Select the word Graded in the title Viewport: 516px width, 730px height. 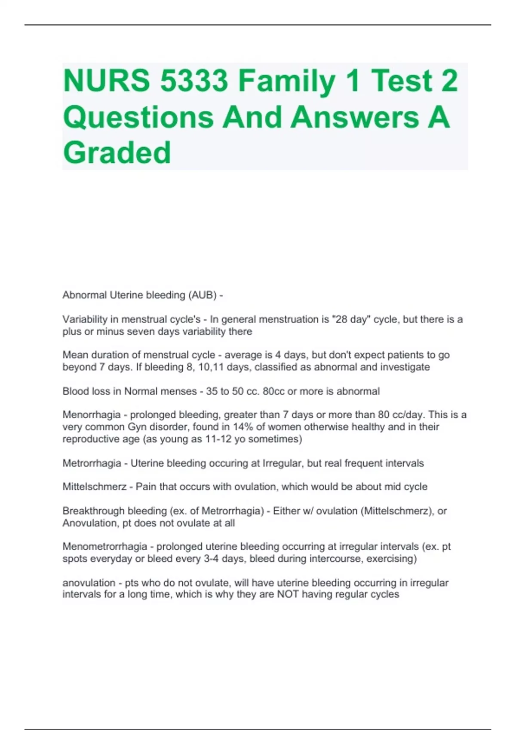click(117, 152)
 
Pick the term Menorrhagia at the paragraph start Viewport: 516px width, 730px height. click(92, 415)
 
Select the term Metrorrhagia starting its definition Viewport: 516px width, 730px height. click(92, 463)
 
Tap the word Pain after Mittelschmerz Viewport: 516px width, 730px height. click(145, 487)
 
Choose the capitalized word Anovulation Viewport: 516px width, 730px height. click(89, 523)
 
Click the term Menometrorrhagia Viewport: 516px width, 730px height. click(105, 547)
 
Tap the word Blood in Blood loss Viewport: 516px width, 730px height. click(74, 392)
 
